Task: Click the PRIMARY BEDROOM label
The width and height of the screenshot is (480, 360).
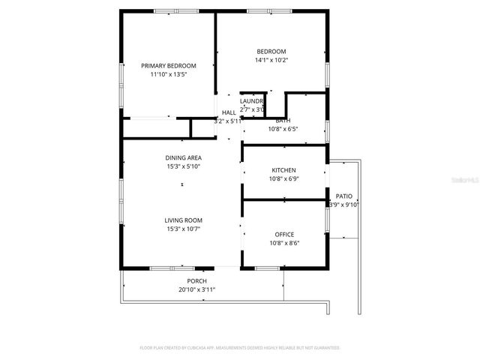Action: click(169, 66)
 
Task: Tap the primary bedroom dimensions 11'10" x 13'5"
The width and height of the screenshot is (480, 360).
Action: click(169, 75)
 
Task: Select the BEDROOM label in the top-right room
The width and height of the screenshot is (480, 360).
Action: click(271, 51)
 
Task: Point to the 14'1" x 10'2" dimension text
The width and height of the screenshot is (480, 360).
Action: click(271, 60)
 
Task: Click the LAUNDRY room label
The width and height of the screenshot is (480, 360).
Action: click(252, 100)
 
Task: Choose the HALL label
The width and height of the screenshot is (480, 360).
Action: click(229, 112)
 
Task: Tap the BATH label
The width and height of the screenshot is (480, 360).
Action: click(283, 120)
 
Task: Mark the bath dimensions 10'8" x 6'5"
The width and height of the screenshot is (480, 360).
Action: click(283, 129)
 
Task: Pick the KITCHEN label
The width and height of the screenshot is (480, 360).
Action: click(283, 170)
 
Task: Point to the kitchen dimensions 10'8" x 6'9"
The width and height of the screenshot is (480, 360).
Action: click(283, 179)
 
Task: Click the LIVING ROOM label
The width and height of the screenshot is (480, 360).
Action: click(184, 220)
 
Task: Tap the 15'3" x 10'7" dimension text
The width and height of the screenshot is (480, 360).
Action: click(184, 229)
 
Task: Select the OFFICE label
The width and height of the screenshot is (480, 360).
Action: click(283, 234)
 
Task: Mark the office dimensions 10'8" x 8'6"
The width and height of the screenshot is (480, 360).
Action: click(283, 243)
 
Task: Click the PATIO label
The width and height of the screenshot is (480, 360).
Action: click(344, 195)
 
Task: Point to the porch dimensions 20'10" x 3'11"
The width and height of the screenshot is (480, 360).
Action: click(197, 289)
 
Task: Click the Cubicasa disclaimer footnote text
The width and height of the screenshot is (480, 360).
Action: click(240, 348)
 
